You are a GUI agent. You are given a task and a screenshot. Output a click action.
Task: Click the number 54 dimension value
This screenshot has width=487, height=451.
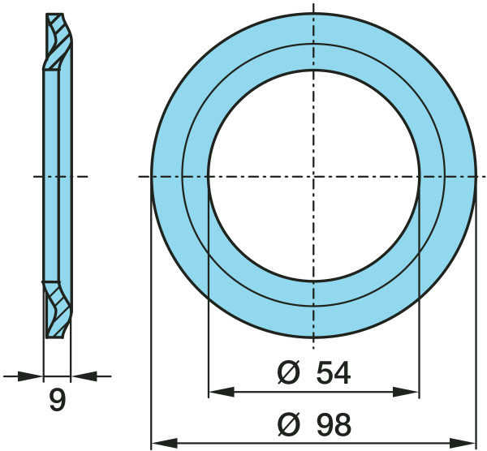(x=334, y=372)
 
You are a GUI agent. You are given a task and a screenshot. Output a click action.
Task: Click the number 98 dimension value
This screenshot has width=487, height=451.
(x=334, y=424)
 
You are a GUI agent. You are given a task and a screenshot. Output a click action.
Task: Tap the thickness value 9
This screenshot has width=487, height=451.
(x=58, y=400)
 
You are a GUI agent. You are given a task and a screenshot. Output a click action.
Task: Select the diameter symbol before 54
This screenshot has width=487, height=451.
(x=288, y=372)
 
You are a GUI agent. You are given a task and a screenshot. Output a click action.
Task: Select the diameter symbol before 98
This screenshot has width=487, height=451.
(x=289, y=424)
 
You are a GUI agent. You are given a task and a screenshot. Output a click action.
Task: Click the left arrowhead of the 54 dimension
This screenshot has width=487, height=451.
(x=221, y=392)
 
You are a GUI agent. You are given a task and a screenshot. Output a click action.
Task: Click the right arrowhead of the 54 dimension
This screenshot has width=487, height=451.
(x=407, y=392)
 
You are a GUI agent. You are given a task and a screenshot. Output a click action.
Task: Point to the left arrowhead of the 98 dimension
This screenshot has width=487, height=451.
(x=164, y=443)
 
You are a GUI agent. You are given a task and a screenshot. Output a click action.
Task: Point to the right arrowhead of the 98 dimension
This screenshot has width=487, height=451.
(x=463, y=443)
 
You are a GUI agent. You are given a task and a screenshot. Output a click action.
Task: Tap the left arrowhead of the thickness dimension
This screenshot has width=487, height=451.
(x=30, y=376)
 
